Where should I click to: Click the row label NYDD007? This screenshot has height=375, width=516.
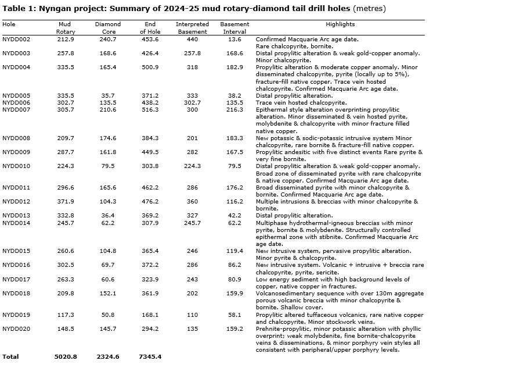[16, 110]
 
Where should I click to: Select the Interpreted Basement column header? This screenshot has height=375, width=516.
[192, 28]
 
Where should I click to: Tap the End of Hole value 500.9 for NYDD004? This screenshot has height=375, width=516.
[150, 67]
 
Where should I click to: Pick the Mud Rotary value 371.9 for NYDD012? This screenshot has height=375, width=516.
[66, 202]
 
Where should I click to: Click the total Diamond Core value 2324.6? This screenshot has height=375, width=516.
[108, 356]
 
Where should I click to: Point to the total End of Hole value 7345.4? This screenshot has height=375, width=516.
[150, 356]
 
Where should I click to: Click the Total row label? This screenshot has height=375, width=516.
[10, 356]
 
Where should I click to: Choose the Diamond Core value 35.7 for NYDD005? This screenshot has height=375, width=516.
[108, 96]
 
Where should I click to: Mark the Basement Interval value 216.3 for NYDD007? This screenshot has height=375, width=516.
[234, 110]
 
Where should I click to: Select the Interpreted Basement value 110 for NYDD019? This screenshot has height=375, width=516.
[192, 315]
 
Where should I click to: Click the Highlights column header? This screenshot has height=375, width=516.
[340, 24]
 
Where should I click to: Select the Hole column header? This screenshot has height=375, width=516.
[9, 24]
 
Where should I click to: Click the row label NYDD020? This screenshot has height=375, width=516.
[16, 329]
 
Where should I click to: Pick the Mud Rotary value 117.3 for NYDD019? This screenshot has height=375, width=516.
[66, 315]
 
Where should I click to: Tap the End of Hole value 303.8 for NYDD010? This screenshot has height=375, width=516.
[150, 166]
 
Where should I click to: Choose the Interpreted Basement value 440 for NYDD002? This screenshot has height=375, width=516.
[192, 40]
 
